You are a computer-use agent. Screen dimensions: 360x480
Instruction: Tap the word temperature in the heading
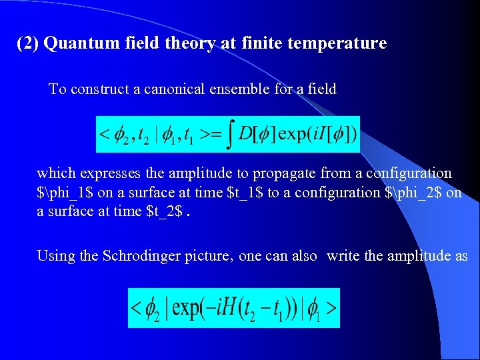point(341,44)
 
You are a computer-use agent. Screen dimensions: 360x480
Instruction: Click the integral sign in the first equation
point(230,134)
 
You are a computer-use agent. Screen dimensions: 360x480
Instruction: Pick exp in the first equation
point(294,135)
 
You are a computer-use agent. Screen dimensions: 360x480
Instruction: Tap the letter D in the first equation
point(245,135)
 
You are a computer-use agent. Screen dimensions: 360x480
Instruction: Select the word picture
point(211,255)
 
